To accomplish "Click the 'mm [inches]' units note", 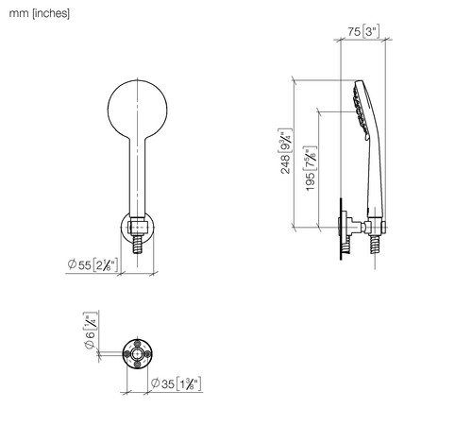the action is [x=40, y=13].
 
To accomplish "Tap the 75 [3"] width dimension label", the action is [x=363, y=31].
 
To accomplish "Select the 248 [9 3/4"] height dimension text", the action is [x=285, y=151].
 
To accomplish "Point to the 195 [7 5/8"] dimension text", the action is [x=311, y=168].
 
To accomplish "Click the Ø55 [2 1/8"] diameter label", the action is [x=93, y=264].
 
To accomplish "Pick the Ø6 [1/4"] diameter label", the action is [x=90, y=331].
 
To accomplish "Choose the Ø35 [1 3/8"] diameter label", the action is [x=176, y=383].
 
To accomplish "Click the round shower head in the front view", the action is [x=138, y=110].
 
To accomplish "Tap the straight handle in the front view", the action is [x=138, y=177].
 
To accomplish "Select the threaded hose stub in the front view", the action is [x=138, y=244].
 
